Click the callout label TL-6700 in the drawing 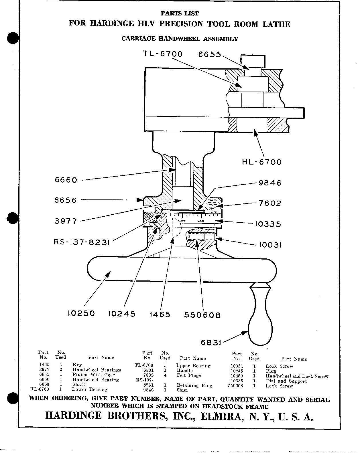[x=163, y=54]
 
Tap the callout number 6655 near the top [x=210, y=54]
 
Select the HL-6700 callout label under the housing [x=262, y=162]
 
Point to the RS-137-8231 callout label [x=82, y=242]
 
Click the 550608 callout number [x=202, y=315]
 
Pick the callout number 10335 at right [x=268, y=224]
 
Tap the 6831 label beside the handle [x=211, y=342]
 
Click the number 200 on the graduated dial [x=183, y=221]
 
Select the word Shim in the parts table [x=182, y=390]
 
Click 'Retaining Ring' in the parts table [x=194, y=385]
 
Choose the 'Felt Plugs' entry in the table [x=189, y=375]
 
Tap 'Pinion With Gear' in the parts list [x=94, y=375]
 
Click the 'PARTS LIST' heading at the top [x=180, y=13]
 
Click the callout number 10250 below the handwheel [x=81, y=313]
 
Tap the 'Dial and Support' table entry [x=286, y=381]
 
